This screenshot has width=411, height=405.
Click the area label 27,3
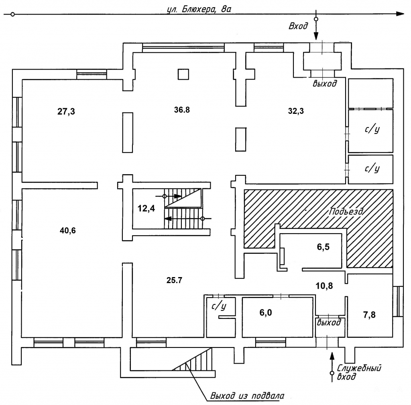[x=66, y=112]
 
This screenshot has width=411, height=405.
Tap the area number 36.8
[x=181, y=111]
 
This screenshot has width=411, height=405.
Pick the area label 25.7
[x=174, y=280]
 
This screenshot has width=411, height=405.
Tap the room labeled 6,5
[x=323, y=247]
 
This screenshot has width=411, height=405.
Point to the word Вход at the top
[x=299, y=26]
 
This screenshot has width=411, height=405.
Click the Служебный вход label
[x=358, y=372]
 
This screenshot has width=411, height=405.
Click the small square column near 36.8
[x=183, y=74]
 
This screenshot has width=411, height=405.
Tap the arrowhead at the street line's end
[x=400, y=14]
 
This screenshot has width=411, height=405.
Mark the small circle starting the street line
[x=13, y=14]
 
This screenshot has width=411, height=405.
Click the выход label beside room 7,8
[x=329, y=322]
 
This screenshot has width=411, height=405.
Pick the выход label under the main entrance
[x=324, y=84]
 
